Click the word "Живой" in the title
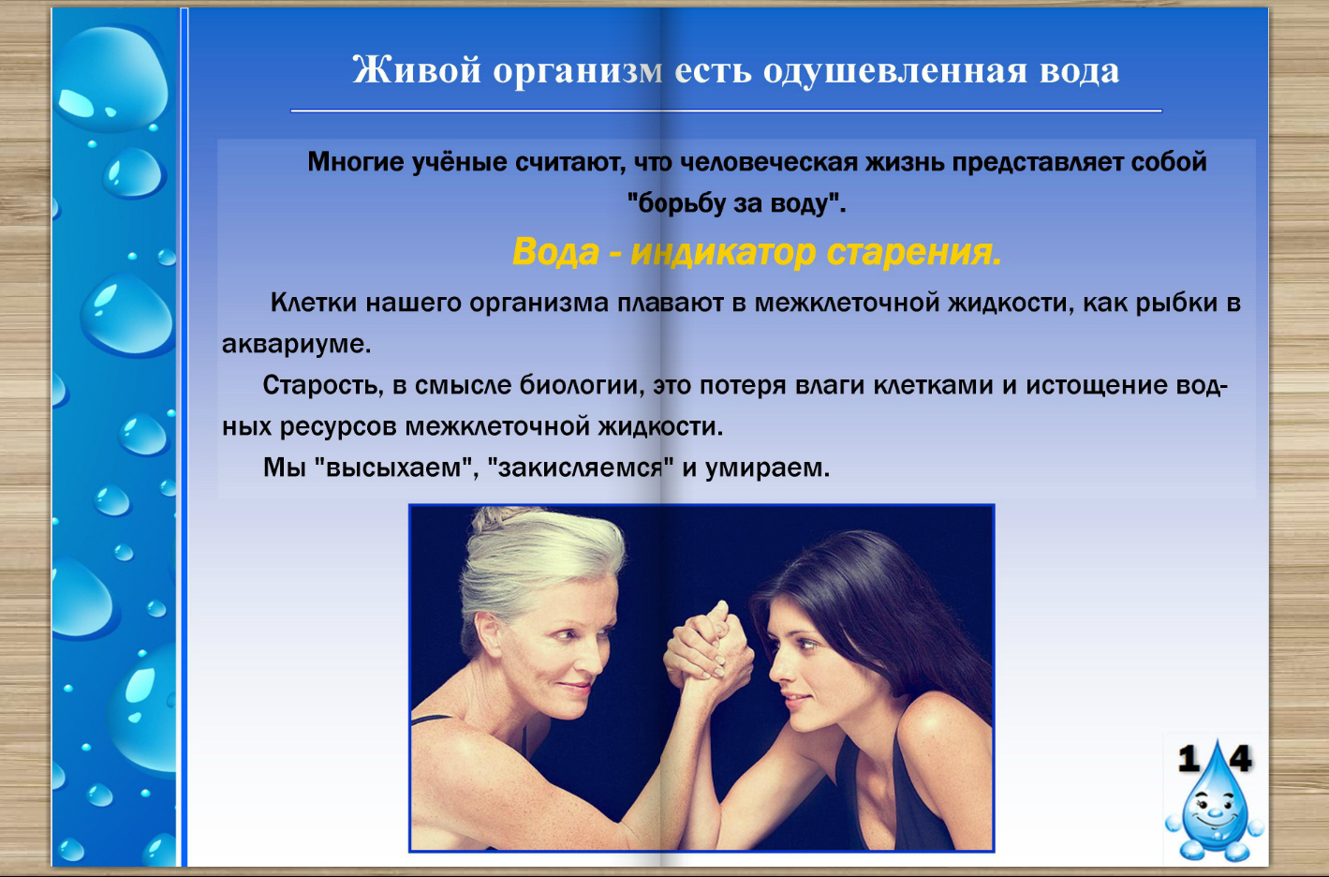click(416, 70)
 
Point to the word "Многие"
click(355, 162)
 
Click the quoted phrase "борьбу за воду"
click(736, 203)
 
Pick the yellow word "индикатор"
click(724, 252)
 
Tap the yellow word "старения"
click(914, 253)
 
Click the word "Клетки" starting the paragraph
click(314, 304)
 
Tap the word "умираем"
click(767, 468)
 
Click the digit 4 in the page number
click(1241, 759)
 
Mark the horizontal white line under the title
click(726, 111)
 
